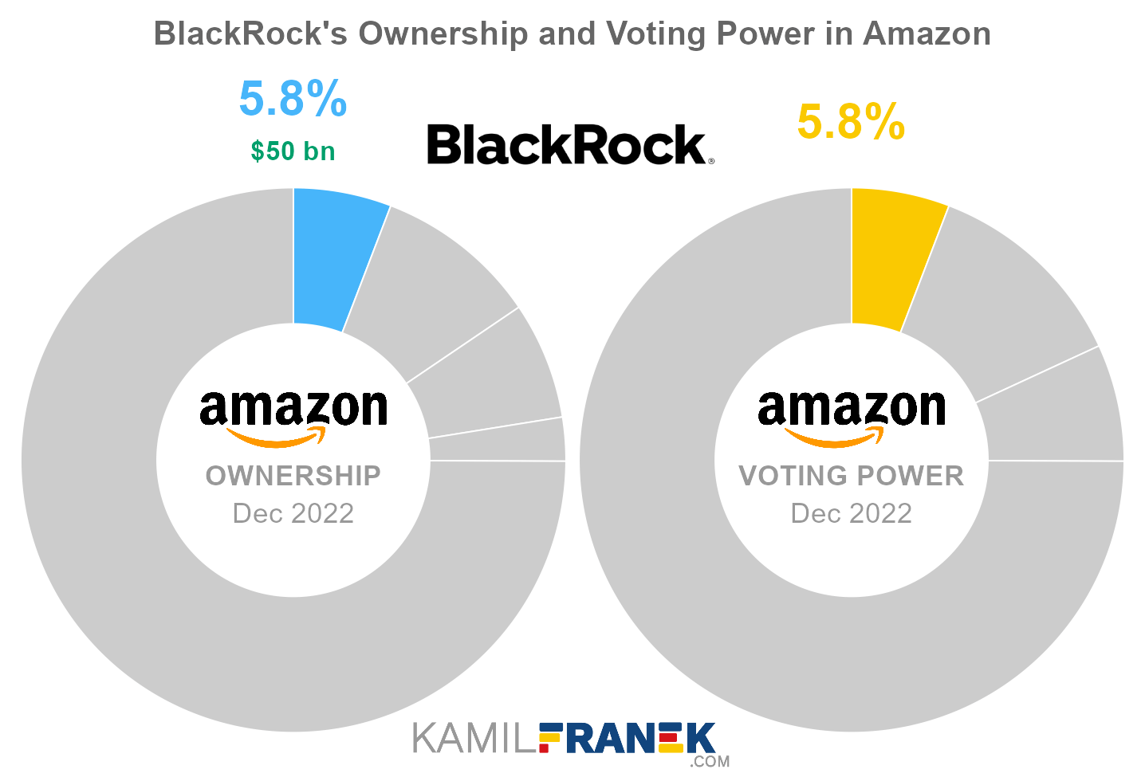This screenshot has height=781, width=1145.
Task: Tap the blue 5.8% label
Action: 293,99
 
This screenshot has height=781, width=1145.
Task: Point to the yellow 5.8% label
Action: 851,122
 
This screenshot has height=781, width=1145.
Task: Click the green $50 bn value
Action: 293,151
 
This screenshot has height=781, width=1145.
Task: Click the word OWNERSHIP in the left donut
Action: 293,476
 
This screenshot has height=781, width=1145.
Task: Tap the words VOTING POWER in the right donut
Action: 852,476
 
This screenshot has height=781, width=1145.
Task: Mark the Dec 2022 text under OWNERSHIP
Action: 293,513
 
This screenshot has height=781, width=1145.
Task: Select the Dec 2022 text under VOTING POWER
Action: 852,513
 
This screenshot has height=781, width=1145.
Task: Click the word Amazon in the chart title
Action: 927,33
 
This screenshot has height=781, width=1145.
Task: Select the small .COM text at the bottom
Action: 710,762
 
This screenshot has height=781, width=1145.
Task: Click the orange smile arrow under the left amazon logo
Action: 275,438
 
